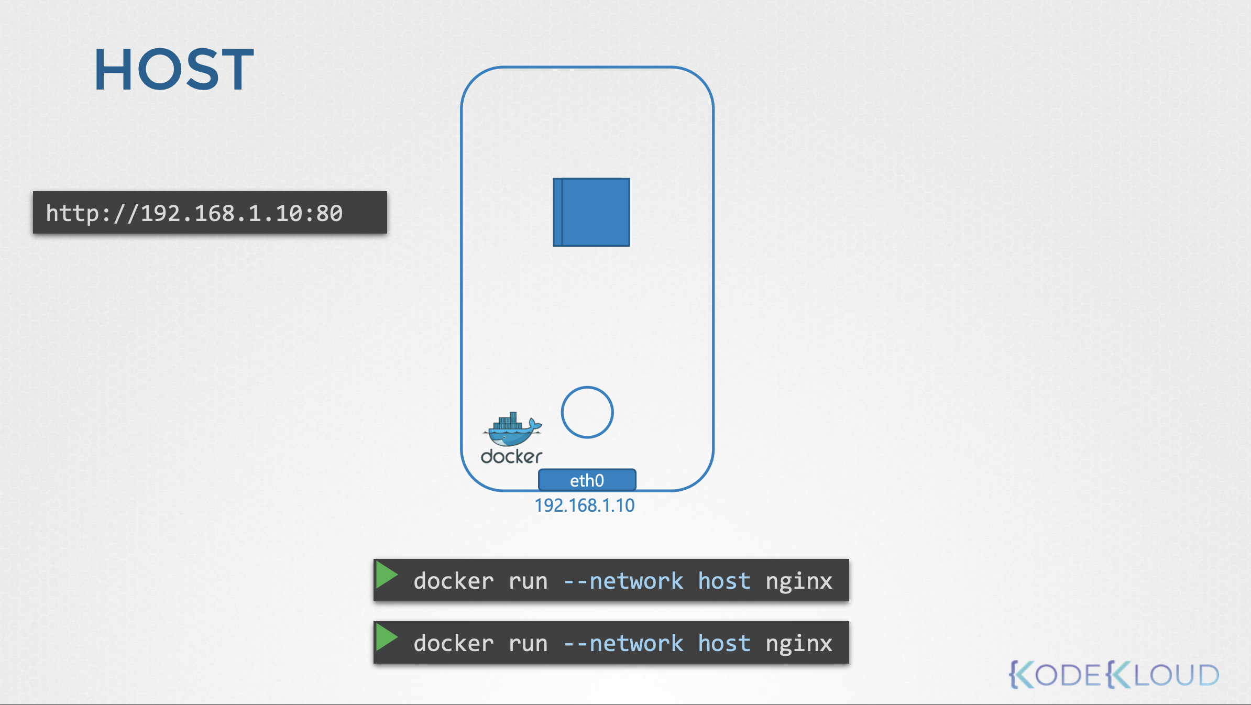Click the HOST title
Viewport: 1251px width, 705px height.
[x=174, y=69]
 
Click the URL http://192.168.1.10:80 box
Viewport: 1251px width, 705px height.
[x=210, y=212]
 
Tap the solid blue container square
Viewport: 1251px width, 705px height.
[x=591, y=212]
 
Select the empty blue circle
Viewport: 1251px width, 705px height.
[x=587, y=388]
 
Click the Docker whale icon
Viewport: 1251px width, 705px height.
[x=512, y=428]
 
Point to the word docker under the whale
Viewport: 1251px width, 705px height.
[x=511, y=457]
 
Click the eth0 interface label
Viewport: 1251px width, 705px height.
[x=587, y=480]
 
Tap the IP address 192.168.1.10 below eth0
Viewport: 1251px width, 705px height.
[x=585, y=505]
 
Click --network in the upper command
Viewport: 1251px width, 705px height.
[x=623, y=581]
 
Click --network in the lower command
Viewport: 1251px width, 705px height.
[x=623, y=643]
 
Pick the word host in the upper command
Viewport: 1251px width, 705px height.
[x=725, y=581]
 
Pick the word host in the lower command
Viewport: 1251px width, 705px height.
[x=725, y=643]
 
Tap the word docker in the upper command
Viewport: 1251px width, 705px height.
[x=454, y=581]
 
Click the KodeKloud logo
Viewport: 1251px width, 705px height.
[x=1114, y=674]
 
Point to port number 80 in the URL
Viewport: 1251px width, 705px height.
[x=330, y=213]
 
